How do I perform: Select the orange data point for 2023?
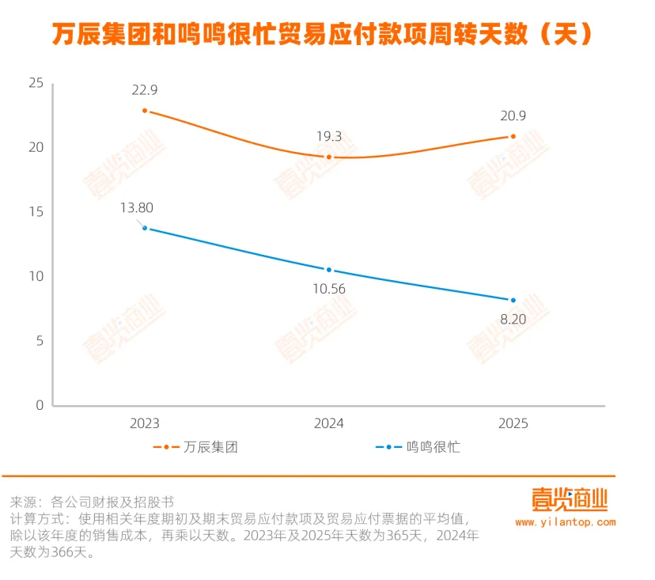(x=145, y=111)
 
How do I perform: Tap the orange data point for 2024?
(x=329, y=157)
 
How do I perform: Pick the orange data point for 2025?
(x=513, y=136)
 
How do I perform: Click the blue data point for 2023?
(x=145, y=228)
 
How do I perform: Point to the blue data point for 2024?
(x=329, y=270)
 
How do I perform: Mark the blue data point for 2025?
(x=513, y=300)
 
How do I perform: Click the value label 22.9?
(x=145, y=90)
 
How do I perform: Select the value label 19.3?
(x=329, y=136)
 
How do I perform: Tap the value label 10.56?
(x=329, y=290)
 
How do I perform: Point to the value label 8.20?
(x=513, y=320)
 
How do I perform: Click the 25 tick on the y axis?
(x=35, y=83)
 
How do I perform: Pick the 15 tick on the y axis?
(x=35, y=212)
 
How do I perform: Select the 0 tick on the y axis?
(x=39, y=405)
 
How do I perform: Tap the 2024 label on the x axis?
(x=329, y=423)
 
